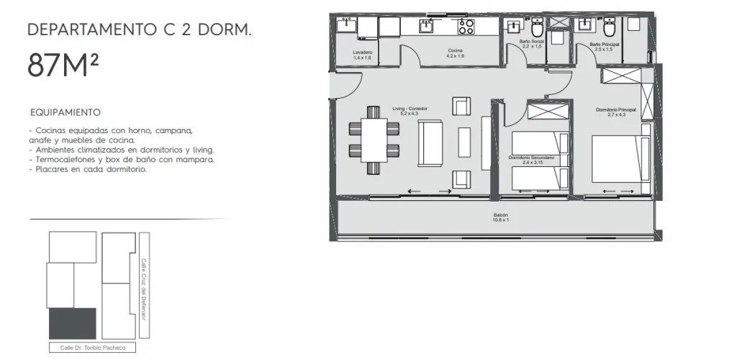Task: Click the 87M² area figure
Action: coord(63,66)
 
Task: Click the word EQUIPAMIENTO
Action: coord(65,113)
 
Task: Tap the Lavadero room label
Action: coord(363,55)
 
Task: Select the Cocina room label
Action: coord(455,53)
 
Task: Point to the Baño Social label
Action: coord(532,44)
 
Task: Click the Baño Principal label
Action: coord(604,47)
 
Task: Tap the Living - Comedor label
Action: coord(410,111)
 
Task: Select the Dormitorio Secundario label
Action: coord(531,160)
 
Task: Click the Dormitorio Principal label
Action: coord(616,112)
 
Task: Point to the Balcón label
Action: coord(501,217)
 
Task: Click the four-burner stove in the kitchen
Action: coord(466,27)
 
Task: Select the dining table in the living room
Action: coord(374,140)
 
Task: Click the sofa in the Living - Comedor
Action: coord(430,143)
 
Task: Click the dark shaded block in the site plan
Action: coord(73,323)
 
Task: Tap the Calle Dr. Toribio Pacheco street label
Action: coord(93,348)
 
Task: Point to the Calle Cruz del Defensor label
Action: coord(144,289)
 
